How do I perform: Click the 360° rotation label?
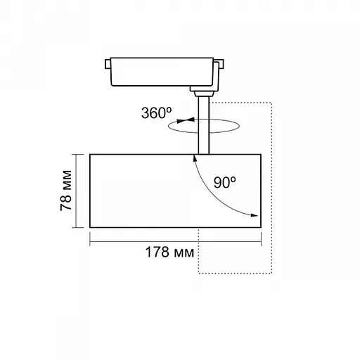click(x=156, y=112)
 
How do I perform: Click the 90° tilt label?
click(x=224, y=182)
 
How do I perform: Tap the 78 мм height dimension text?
click(x=66, y=191)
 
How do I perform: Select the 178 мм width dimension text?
click(x=169, y=252)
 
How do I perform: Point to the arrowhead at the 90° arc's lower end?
click(x=255, y=215)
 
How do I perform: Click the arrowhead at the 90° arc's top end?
click(x=195, y=158)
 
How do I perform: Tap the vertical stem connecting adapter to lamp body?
click(x=203, y=125)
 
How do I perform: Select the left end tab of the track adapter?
click(x=108, y=64)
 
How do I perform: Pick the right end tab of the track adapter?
click(x=221, y=64)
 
